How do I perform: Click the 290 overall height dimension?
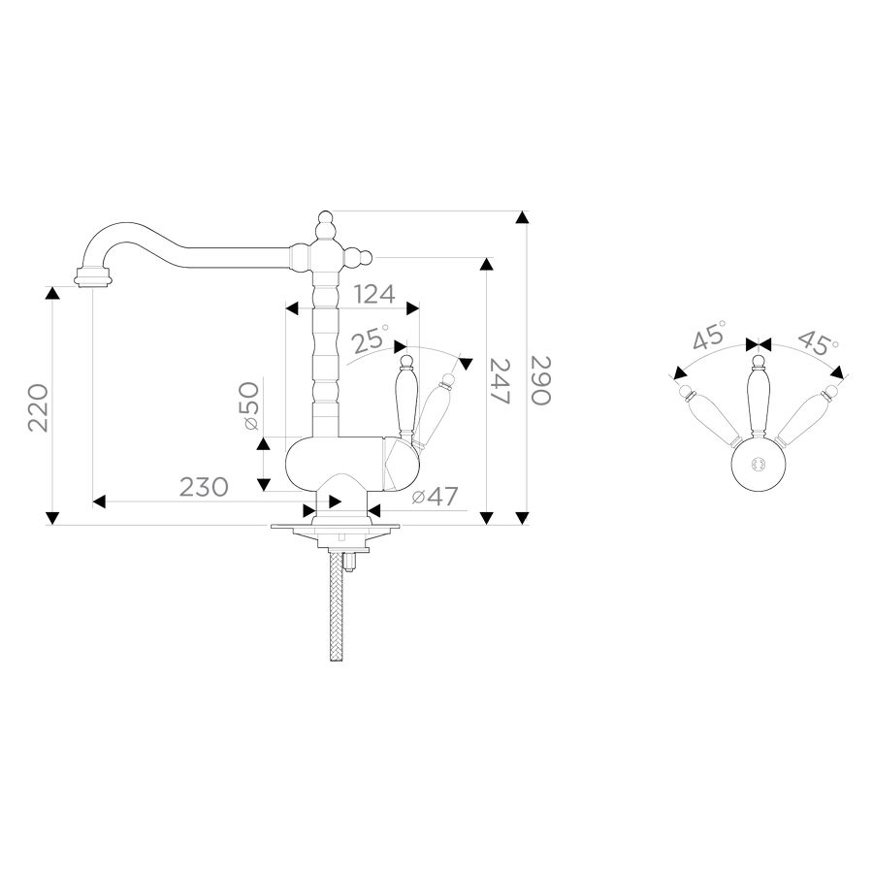[x=540, y=380]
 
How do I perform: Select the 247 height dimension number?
[x=500, y=381]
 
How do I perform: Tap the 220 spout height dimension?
[x=39, y=407]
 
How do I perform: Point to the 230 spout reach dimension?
[x=204, y=487]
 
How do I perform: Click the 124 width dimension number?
[x=374, y=294]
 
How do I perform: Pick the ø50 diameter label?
[x=251, y=405]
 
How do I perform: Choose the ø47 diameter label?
[x=435, y=496]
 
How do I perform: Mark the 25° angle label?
[x=371, y=339]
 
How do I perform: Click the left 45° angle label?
[x=710, y=335]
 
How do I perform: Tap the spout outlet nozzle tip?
[x=93, y=277]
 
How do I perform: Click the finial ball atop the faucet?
[x=325, y=217]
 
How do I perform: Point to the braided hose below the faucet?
[x=337, y=605]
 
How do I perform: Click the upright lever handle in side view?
[x=405, y=397]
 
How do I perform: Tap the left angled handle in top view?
[x=710, y=416]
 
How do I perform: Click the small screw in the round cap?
[x=757, y=464]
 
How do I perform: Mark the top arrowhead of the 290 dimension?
[x=522, y=217]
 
